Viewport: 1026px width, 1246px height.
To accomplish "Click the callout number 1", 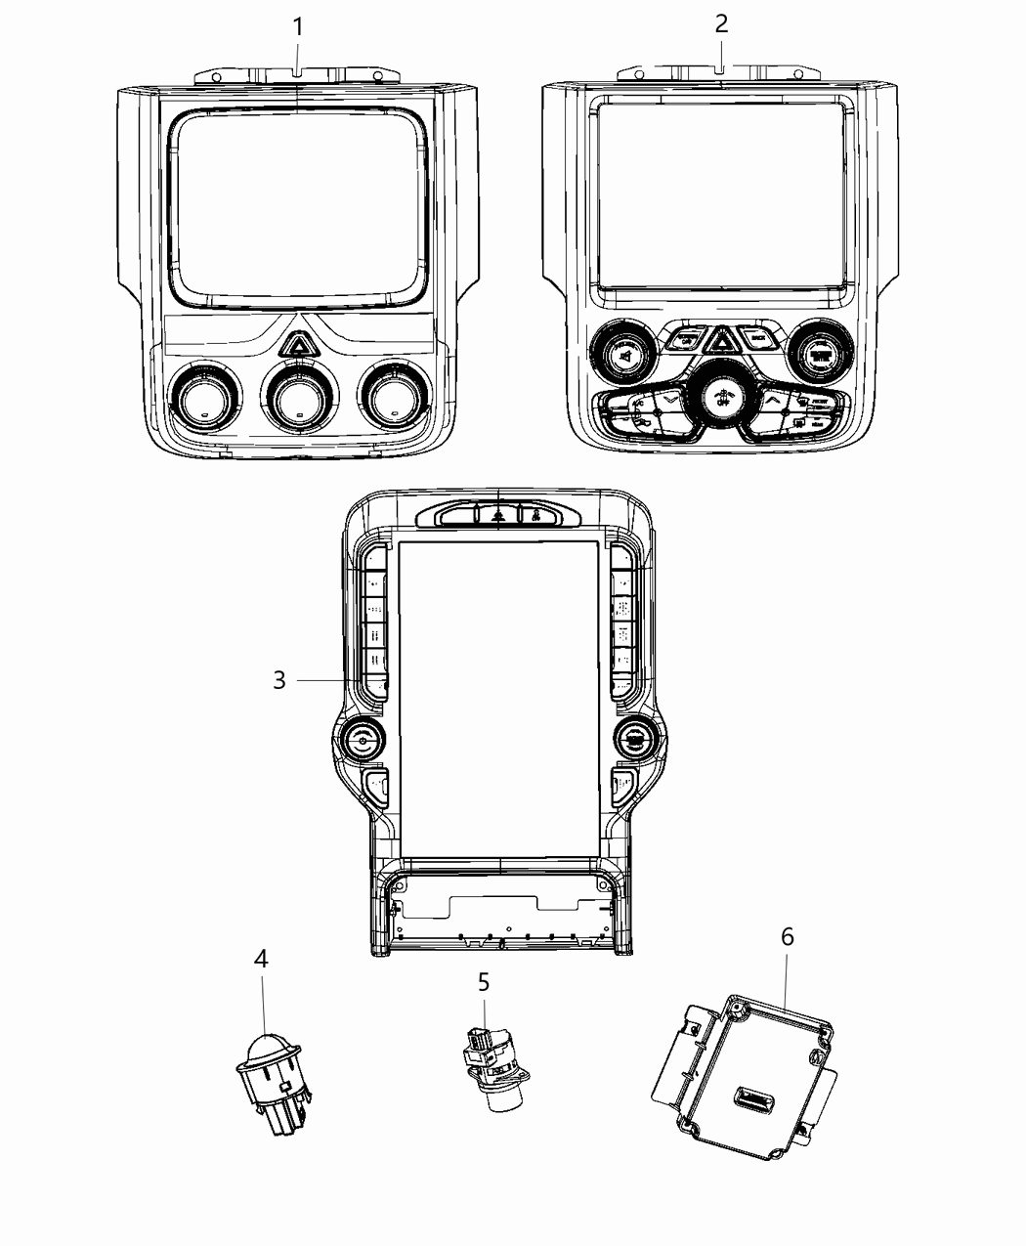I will tap(298, 26).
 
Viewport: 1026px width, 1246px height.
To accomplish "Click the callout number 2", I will tap(721, 23).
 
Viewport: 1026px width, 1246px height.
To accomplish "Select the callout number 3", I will tap(279, 680).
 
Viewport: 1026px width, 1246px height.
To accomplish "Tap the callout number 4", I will tap(261, 959).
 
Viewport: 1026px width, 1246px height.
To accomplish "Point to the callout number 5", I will tap(484, 981).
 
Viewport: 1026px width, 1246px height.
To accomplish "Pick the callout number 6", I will tap(788, 936).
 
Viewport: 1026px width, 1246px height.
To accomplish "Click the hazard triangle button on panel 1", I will tap(296, 343).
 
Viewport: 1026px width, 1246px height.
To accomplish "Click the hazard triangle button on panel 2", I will tap(721, 340).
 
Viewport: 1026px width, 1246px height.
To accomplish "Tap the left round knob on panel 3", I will tap(363, 742).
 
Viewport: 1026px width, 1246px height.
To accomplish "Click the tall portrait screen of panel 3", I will tap(498, 699).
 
